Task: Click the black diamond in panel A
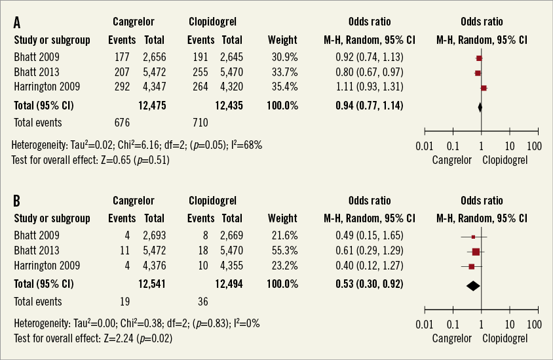coord(480,106)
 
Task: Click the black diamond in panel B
coord(472,285)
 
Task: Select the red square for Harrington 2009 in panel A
coord(484,87)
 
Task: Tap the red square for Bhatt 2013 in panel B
coord(476,251)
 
